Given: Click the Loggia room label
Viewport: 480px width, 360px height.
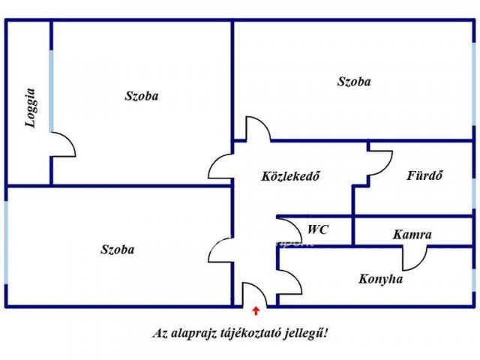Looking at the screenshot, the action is (x=30, y=108).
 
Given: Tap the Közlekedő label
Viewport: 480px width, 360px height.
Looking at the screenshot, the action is (x=290, y=176).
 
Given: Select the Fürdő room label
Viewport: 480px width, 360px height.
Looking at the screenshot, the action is (x=424, y=175).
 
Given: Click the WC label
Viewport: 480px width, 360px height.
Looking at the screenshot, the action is (x=318, y=229).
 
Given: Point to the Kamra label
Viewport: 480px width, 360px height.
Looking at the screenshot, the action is (x=412, y=235).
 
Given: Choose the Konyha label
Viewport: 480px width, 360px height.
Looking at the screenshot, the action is (x=380, y=279).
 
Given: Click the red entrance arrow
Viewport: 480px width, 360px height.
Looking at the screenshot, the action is (x=256, y=310).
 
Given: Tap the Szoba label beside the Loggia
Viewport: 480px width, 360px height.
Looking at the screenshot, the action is (x=142, y=96).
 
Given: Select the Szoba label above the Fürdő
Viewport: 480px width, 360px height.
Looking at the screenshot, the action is (x=354, y=82).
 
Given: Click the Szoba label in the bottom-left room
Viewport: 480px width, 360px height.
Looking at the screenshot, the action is (x=118, y=250).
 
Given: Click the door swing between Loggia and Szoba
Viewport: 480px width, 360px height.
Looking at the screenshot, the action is (x=63, y=144).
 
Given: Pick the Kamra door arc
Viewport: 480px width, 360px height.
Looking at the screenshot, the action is (x=415, y=258).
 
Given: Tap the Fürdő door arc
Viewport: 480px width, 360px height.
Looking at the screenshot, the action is (x=380, y=163).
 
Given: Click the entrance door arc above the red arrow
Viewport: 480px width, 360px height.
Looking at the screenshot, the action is (x=255, y=294).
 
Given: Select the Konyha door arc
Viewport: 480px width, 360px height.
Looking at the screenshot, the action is (x=289, y=282).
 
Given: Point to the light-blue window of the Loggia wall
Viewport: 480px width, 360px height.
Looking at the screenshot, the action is (x=51, y=91).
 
